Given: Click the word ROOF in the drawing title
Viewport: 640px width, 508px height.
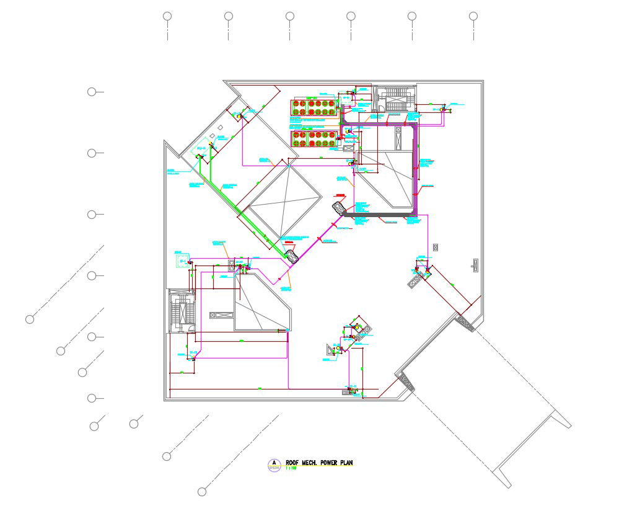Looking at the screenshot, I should (x=292, y=463).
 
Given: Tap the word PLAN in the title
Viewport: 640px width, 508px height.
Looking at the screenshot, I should (x=347, y=463).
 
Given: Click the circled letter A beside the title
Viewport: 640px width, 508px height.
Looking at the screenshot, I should (x=274, y=463).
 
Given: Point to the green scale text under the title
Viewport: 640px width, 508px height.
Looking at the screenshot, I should (x=291, y=469).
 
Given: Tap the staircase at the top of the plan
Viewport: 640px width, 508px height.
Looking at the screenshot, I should (x=395, y=99).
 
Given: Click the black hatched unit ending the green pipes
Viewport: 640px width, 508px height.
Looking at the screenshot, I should (x=292, y=254).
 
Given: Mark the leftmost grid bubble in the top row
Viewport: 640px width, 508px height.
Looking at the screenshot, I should (x=167, y=16).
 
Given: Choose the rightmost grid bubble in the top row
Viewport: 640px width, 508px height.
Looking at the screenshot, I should (x=473, y=16).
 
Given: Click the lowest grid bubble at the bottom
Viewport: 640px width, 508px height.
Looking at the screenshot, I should (x=202, y=492).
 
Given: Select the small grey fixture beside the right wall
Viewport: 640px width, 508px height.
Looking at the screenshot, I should (x=475, y=264).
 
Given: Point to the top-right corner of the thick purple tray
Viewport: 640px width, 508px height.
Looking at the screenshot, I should (x=415, y=126).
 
